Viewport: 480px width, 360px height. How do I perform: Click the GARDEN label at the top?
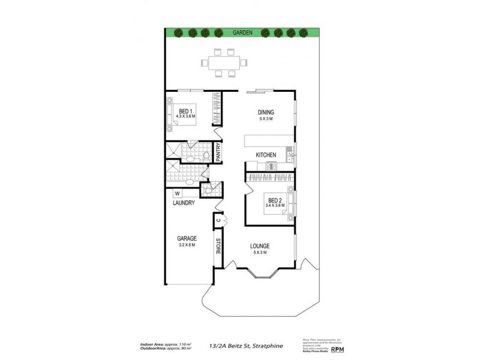tap(242, 32)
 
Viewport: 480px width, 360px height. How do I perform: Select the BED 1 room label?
tap(185, 110)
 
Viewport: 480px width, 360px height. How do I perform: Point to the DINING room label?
tap(266, 112)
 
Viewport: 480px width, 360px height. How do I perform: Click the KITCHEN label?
tap(266, 155)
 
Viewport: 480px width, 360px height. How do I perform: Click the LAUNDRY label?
tap(183, 203)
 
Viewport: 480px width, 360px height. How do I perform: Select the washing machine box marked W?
tap(178, 193)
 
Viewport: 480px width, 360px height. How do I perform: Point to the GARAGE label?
tap(187, 238)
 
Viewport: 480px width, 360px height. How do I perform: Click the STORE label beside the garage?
tap(218, 247)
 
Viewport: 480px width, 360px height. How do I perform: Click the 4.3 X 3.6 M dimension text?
tap(185, 116)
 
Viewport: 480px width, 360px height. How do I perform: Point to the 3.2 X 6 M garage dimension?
tap(187, 245)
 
